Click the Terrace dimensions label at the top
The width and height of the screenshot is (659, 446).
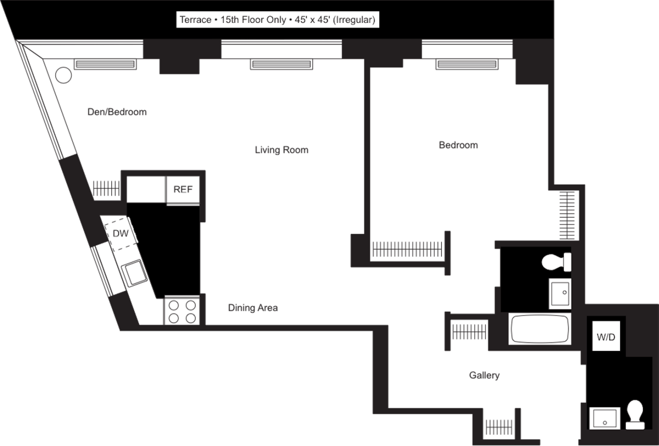tap(277, 20)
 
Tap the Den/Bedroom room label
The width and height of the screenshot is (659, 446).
tap(117, 111)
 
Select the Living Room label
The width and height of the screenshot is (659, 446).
tap(281, 150)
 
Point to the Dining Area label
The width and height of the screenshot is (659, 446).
tap(253, 308)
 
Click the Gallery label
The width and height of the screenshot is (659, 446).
tap(484, 375)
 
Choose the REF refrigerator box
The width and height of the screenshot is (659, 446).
tap(183, 190)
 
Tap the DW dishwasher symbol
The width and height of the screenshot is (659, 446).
tap(121, 233)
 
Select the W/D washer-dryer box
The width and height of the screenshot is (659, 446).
tap(606, 337)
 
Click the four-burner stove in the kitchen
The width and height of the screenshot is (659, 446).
tap(182, 311)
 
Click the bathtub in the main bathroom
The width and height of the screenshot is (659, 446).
tap(540, 329)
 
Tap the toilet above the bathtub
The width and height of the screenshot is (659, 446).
tap(557, 262)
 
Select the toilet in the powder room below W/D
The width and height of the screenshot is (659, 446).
tap(635, 414)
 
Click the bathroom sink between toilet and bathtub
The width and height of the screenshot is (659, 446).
tap(560, 293)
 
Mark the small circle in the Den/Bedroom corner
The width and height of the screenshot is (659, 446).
tap(64, 75)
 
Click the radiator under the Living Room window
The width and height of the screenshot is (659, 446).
tap(281, 64)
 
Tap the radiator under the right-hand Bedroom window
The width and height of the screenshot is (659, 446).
tap(467, 64)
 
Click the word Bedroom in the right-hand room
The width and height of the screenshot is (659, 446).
tap(458, 145)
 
